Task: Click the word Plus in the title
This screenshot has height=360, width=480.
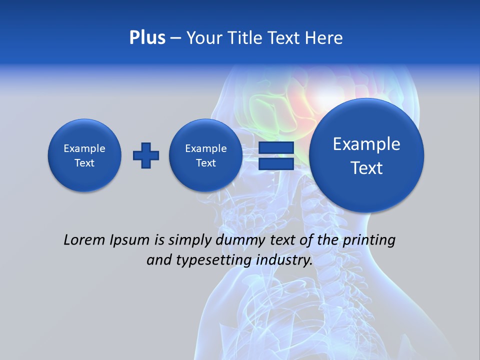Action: (147, 38)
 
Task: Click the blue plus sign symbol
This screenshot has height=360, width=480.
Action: (146, 155)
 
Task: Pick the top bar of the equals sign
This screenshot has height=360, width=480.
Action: (276, 148)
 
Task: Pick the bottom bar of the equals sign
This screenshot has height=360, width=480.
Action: (276, 163)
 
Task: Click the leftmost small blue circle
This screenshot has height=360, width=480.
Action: (84, 155)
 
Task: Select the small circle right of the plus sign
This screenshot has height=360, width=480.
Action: (205, 155)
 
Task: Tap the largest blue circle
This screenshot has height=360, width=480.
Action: (366, 155)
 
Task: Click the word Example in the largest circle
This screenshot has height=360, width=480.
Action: (366, 144)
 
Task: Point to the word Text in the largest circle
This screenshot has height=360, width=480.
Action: (366, 168)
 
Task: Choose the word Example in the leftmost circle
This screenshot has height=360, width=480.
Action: (84, 148)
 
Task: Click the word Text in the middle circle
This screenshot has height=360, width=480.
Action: (205, 163)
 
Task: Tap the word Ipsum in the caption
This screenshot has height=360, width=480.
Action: (130, 240)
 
